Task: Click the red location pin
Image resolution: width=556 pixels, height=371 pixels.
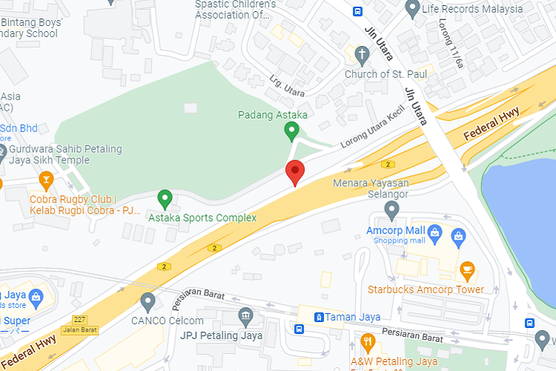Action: [x=295, y=172]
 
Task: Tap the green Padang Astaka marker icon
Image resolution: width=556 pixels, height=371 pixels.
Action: [x=292, y=131]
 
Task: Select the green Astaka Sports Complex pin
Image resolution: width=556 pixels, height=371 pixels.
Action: [x=165, y=198]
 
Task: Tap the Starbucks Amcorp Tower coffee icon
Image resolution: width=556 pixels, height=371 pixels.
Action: [x=467, y=269]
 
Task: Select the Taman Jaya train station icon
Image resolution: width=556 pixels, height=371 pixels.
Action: [x=318, y=317]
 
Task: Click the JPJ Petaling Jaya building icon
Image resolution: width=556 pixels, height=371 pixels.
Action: [x=245, y=317]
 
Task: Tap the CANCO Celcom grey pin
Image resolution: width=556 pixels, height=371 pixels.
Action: [x=148, y=301]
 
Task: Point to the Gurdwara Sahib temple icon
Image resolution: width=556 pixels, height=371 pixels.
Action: [x=1, y=154]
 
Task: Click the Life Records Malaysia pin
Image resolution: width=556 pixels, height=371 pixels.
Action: [x=413, y=8]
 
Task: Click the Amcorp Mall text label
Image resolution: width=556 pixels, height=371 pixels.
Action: [x=394, y=231]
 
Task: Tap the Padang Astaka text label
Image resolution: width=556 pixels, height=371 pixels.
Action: [x=273, y=115]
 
